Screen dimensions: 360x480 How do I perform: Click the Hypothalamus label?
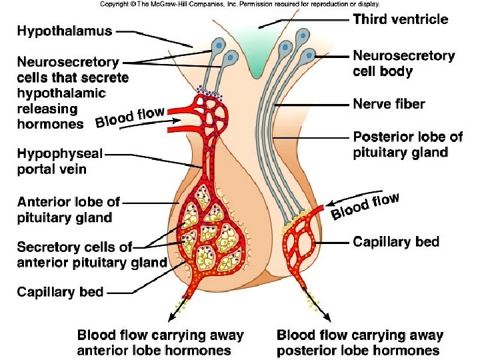pos(65,31)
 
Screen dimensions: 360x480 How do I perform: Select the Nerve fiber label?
pos(389,104)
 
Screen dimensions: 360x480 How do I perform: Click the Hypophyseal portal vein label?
pos(60,161)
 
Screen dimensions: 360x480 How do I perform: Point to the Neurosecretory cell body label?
pos(403,63)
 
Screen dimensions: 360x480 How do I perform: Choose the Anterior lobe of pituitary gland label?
pos(69,209)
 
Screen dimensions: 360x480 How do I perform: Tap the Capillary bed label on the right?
pos(396,241)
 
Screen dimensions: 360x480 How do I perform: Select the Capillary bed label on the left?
pos(60,291)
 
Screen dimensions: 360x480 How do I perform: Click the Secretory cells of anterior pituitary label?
pos(91,254)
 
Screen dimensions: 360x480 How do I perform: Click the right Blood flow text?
pos(365,205)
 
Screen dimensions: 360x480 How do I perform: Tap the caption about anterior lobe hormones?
pos(161,343)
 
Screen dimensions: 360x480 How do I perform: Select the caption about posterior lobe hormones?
pos(359,343)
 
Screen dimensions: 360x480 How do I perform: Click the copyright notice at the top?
pos(239,4)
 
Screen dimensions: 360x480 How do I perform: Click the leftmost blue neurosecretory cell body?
pos(219,46)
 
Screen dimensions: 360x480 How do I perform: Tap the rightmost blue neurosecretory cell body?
pos(309,55)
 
